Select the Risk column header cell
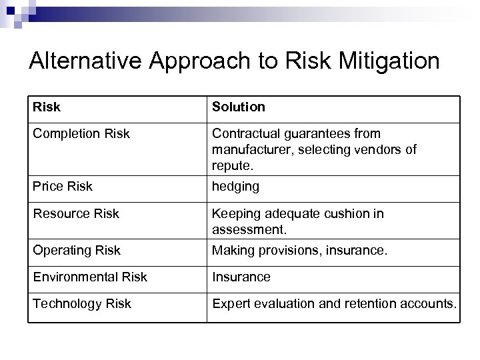coord(47,107)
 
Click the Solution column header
coord(238,107)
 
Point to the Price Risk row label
coord(63,187)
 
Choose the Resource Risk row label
coord(76,213)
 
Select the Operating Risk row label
coord(77,250)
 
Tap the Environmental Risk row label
coord(90,277)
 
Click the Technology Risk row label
coord(82,303)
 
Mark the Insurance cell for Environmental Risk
coord(241,277)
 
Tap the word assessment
coord(249,229)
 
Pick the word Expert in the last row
coord(229,303)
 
